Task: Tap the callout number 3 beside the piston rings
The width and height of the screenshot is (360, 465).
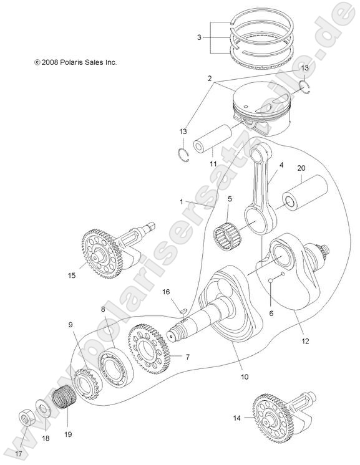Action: tap(199, 38)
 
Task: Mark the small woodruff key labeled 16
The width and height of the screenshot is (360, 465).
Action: tap(178, 306)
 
